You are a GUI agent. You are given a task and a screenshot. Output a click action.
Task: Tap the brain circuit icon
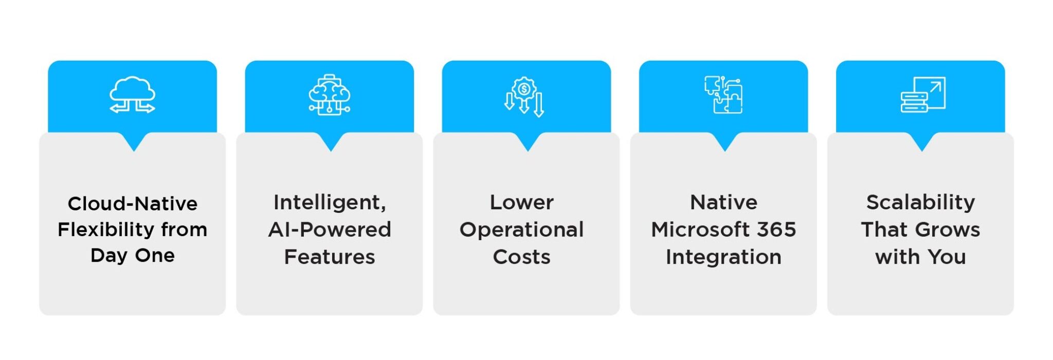(330, 95)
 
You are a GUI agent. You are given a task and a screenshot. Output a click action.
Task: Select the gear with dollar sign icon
(524, 97)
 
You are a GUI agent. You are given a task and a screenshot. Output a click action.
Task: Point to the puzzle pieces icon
(723, 95)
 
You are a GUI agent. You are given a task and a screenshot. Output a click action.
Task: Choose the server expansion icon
(923, 95)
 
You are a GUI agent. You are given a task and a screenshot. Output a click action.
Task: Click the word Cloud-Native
(133, 204)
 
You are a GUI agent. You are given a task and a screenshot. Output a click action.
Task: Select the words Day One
(133, 256)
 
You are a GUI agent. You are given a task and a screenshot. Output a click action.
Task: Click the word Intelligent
(330, 202)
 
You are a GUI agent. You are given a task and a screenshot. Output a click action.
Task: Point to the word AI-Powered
(330, 229)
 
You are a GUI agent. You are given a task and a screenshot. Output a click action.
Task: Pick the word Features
(330, 257)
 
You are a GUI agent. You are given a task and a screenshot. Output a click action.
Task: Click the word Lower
(522, 202)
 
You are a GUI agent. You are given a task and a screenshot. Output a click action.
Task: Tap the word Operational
(522, 230)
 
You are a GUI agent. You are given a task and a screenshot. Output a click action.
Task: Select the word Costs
(522, 257)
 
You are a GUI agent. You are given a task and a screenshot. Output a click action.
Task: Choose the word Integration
(723, 257)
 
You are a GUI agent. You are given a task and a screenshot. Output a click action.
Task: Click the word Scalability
(920, 203)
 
